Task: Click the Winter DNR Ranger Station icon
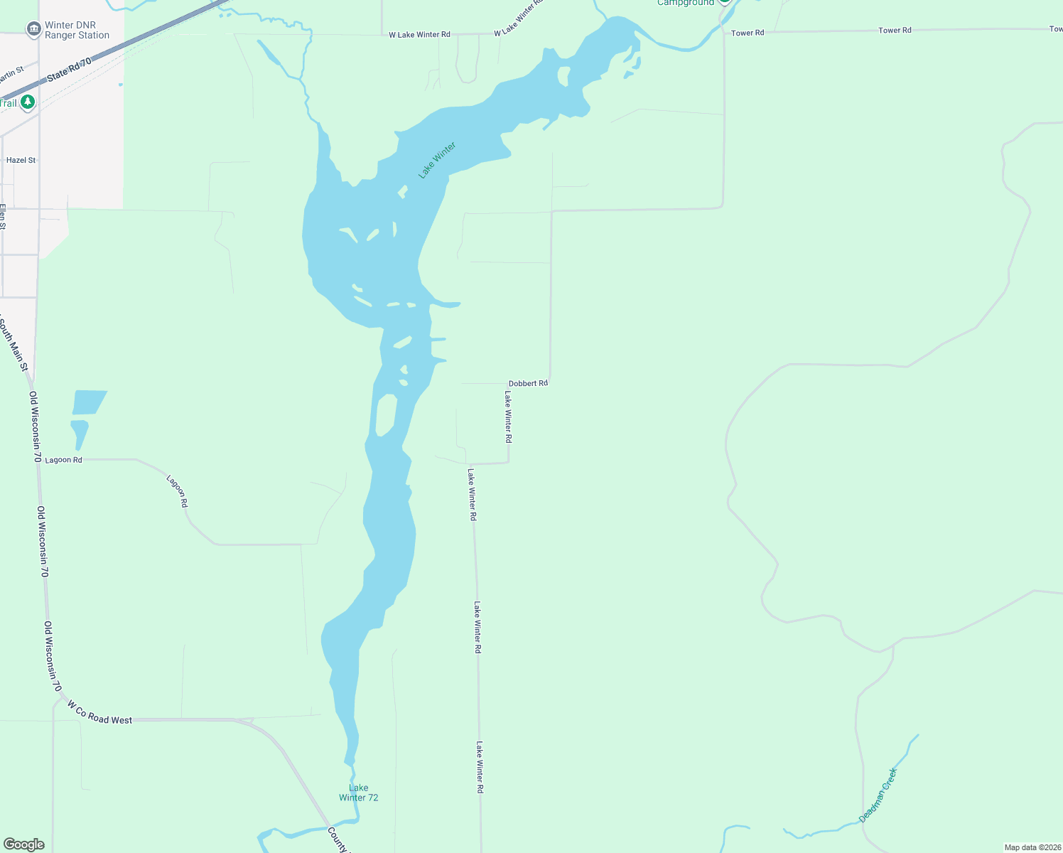pos(33,29)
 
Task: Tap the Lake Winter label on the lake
pos(437,161)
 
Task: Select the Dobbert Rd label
pos(528,383)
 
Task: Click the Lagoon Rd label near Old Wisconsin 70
pos(63,460)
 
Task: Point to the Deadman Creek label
pos(878,795)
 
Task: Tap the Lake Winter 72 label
pos(359,793)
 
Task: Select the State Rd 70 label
pos(70,69)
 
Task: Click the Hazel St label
pos(21,161)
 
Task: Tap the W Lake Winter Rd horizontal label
pos(419,34)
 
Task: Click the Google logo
pos(23,844)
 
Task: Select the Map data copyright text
pos(1032,847)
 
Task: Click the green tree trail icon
pos(28,102)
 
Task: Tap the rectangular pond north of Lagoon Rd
pos(89,402)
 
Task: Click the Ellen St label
pos(3,217)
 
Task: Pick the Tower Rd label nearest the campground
pos(748,33)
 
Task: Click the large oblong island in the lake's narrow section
pos(386,414)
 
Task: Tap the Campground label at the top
pos(685,3)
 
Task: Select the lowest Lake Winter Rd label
pos(480,768)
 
